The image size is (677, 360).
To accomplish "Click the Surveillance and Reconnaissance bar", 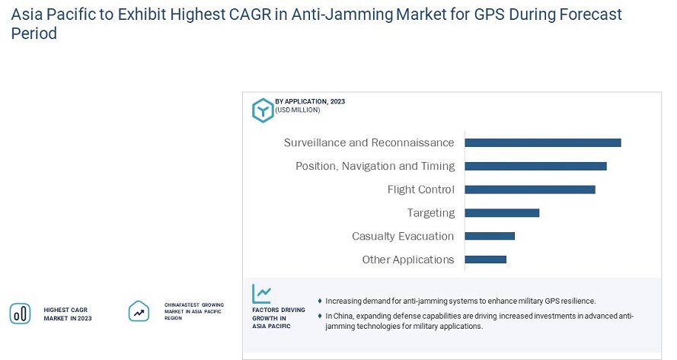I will coord(542,142).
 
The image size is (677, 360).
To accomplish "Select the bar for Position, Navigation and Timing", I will coord(535,166).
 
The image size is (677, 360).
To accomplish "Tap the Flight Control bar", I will coord(529,190).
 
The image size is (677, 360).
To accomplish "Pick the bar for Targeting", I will coord(502,213).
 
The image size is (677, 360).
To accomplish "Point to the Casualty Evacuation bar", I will coord(490,236).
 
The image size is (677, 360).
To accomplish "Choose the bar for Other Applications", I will coord(485,260).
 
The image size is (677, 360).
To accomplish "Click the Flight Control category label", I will coord(420,190).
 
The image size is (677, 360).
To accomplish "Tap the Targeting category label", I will coord(431,213).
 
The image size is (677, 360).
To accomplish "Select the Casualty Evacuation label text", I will coord(403,236).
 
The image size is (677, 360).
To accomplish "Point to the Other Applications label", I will coord(408,260).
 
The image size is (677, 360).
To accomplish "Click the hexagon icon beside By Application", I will coord(263,110).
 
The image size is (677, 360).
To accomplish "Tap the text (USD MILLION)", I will coord(298,110).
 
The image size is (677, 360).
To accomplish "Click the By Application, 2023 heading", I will coord(310,101).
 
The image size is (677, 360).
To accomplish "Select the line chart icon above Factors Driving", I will coord(262,294).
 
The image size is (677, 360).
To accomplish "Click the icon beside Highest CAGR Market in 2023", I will coord(20,313).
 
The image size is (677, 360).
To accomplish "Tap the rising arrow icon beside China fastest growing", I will coord(139,311).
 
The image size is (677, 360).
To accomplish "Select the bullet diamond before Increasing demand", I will coord(320,301).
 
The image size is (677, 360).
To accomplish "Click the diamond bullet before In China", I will coord(320,316).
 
